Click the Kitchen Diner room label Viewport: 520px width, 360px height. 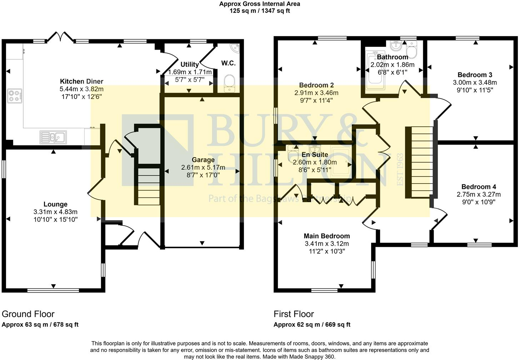pos(81,81)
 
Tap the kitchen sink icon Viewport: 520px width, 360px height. pos(53,137)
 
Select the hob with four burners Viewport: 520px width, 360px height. pos(15,96)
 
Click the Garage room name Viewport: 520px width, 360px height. pos(203,160)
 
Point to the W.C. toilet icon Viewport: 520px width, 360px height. pos(229,83)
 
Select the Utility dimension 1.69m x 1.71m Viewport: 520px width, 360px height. pos(190,72)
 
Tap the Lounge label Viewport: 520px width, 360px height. pos(55,204)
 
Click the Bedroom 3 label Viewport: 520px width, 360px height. pos(475,75)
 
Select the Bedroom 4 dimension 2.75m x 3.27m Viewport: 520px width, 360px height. pos(479,195)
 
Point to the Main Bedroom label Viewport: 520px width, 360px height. pos(326,236)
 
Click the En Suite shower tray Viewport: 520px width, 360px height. pos(340,161)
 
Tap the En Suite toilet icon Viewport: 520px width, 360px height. pos(294,154)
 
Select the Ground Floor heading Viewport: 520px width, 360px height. pos(28,314)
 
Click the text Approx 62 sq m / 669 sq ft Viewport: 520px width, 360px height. pos(312,325)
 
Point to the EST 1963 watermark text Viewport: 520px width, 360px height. pos(400,169)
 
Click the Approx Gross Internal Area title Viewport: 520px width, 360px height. pos(260,4)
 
